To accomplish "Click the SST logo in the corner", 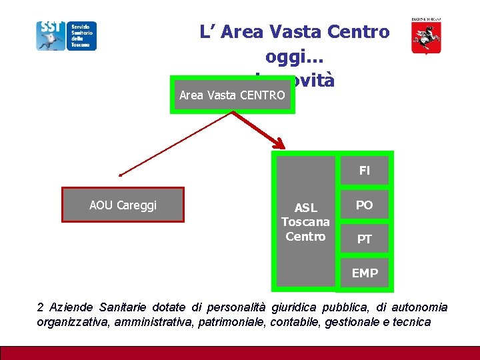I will click(66, 35).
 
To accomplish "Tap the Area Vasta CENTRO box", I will click(232, 95).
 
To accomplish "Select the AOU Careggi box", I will click(123, 205).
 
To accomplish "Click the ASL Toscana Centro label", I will click(305, 222).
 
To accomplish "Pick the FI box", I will click(364, 171).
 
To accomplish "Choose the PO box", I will click(364, 205).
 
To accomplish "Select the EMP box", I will click(364, 273).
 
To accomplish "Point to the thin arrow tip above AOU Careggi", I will click(121, 174).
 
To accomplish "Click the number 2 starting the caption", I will click(41, 307).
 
